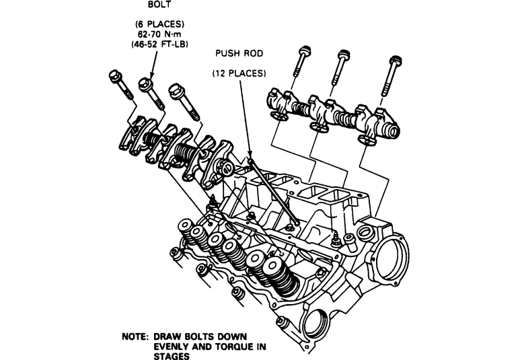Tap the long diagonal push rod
(x=272, y=192)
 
